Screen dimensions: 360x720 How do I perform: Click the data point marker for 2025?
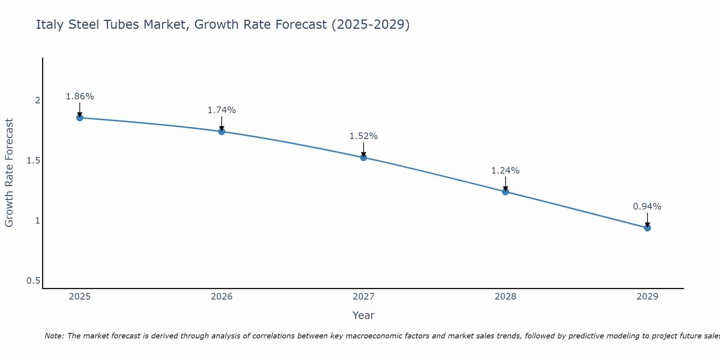pyautogui.click(x=80, y=118)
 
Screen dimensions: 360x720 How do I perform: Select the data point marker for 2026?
pyautogui.click(x=222, y=131)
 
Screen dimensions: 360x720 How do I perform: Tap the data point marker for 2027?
pyautogui.click(x=364, y=157)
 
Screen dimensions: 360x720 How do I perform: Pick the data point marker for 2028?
pyautogui.click(x=505, y=192)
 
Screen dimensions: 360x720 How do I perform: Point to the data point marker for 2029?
pyautogui.click(x=647, y=228)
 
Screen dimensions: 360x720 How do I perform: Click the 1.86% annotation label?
pyautogui.click(x=80, y=96)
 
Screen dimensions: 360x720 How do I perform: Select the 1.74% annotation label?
pyautogui.click(x=222, y=110)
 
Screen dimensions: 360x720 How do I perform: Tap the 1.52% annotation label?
pyautogui.click(x=364, y=136)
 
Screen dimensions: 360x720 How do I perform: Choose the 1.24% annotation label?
pyautogui.click(x=505, y=171)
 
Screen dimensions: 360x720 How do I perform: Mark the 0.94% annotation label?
pyautogui.click(x=647, y=207)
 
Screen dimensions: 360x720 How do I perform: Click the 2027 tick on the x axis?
pyautogui.click(x=364, y=297)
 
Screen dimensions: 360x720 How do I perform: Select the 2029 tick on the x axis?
pyautogui.click(x=647, y=297)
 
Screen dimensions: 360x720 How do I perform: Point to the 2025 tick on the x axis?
pyautogui.click(x=80, y=297)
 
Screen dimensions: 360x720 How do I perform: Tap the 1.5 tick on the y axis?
pyautogui.click(x=33, y=161)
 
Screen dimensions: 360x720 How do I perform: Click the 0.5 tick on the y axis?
pyautogui.click(x=33, y=281)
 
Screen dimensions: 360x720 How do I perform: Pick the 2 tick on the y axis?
pyautogui.click(x=37, y=100)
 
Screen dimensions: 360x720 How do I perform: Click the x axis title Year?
pyautogui.click(x=364, y=315)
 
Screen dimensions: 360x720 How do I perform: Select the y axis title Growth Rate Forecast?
pyautogui.click(x=9, y=173)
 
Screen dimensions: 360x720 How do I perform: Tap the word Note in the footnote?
pyautogui.click(x=54, y=336)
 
